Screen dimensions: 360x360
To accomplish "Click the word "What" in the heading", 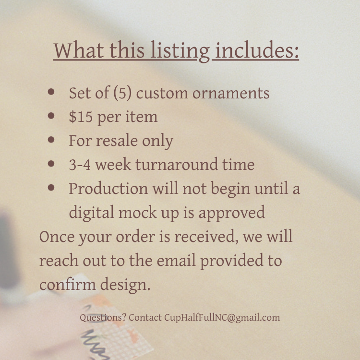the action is pos(79,50).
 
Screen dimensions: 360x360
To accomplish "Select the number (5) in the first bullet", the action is pos(122,93).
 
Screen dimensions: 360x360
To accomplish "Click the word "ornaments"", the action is pos(231,94).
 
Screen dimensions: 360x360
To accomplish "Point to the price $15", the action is pos(81,117).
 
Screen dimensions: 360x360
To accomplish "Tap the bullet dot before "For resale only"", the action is pos(51,139).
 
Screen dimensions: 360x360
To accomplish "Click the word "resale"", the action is pos(117,140).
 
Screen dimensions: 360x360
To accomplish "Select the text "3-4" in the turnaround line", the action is pos(80,165).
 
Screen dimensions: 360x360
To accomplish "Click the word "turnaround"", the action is pos(177,164).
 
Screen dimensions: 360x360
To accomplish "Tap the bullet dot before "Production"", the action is pos(51,187).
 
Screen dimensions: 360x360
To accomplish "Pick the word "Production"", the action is pos(108,189).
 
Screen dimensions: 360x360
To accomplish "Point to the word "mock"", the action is pos(138,212).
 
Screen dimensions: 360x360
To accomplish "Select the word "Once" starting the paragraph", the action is pos(57,237).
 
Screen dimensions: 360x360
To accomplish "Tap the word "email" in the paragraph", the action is pos(176,260).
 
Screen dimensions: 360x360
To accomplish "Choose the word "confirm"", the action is pos(68,285).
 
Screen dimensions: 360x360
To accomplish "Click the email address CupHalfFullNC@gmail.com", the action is pos(222,318).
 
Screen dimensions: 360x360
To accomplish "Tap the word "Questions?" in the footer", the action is pos(103,318).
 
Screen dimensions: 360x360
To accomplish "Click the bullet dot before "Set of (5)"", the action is pos(51,92).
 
